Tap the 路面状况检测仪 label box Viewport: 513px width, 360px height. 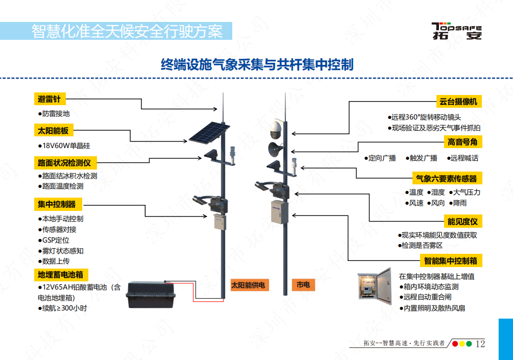click(64, 163)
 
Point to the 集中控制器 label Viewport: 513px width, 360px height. click(57, 204)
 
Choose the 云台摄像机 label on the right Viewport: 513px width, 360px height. click(458, 101)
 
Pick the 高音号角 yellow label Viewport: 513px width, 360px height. click(463, 141)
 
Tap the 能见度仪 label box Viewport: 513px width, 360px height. click(462, 221)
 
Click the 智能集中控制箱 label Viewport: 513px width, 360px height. click(451, 260)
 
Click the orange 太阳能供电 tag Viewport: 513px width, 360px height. click(249, 285)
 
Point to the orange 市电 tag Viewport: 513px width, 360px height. click(303, 285)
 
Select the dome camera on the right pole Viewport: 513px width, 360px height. click(276, 129)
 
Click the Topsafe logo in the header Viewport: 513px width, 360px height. click(456, 31)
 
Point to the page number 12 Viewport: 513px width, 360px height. click(480, 344)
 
